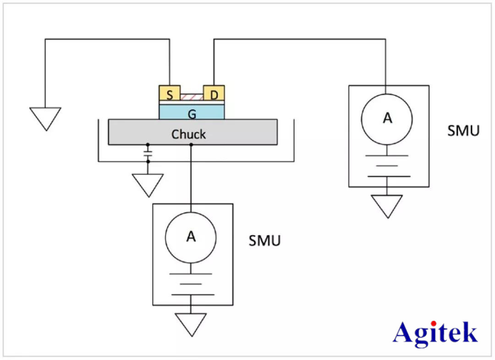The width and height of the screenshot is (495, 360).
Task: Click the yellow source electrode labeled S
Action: click(x=170, y=94)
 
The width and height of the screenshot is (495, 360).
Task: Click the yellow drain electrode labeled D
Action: click(x=214, y=94)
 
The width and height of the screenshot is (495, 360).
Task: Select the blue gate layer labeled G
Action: click(x=192, y=113)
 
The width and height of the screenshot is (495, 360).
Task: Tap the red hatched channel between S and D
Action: click(x=192, y=97)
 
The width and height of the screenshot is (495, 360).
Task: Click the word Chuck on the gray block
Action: click(x=188, y=134)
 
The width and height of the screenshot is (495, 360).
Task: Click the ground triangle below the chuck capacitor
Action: click(x=148, y=184)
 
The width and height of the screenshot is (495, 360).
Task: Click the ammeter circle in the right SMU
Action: click(x=387, y=118)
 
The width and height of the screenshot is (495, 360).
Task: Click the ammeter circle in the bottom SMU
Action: click(x=191, y=237)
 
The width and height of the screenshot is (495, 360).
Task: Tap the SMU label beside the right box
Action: click(x=463, y=131)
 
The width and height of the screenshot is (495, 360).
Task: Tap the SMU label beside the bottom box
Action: click(x=264, y=240)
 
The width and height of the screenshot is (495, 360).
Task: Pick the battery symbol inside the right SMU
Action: click(x=387, y=166)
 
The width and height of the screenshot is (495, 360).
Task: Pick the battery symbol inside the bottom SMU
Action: click(x=191, y=284)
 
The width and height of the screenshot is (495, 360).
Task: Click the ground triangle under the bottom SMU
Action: click(x=191, y=324)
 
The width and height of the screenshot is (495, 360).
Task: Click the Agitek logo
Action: click(x=435, y=333)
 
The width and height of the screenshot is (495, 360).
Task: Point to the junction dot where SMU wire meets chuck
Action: click(x=191, y=145)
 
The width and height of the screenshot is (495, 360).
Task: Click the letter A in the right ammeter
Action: click(x=387, y=118)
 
